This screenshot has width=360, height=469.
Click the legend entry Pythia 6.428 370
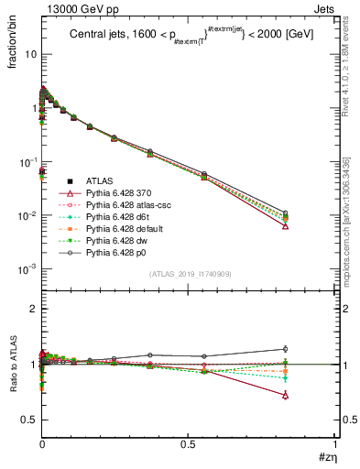(111, 193)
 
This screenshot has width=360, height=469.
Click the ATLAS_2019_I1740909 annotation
(190, 274)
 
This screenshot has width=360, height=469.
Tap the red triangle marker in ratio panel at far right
(285, 396)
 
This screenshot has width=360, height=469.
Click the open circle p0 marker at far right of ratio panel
(285, 349)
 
